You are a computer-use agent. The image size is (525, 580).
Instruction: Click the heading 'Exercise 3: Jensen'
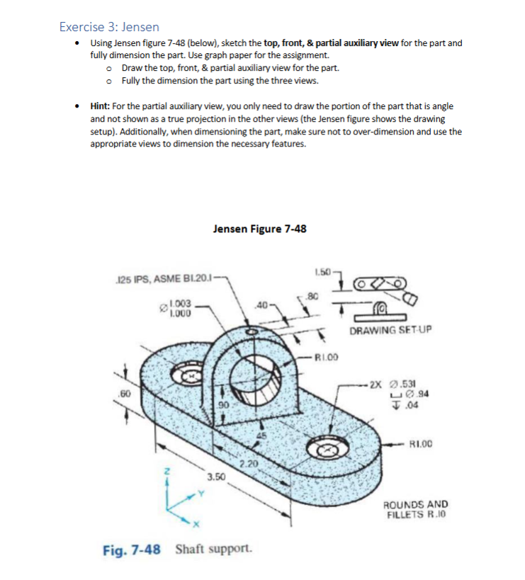click(x=109, y=27)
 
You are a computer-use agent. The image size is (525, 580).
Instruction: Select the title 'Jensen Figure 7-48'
click(x=259, y=229)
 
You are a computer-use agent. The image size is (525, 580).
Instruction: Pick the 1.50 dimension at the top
click(x=322, y=273)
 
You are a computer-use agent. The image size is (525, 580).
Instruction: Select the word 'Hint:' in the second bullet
click(x=103, y=106)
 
